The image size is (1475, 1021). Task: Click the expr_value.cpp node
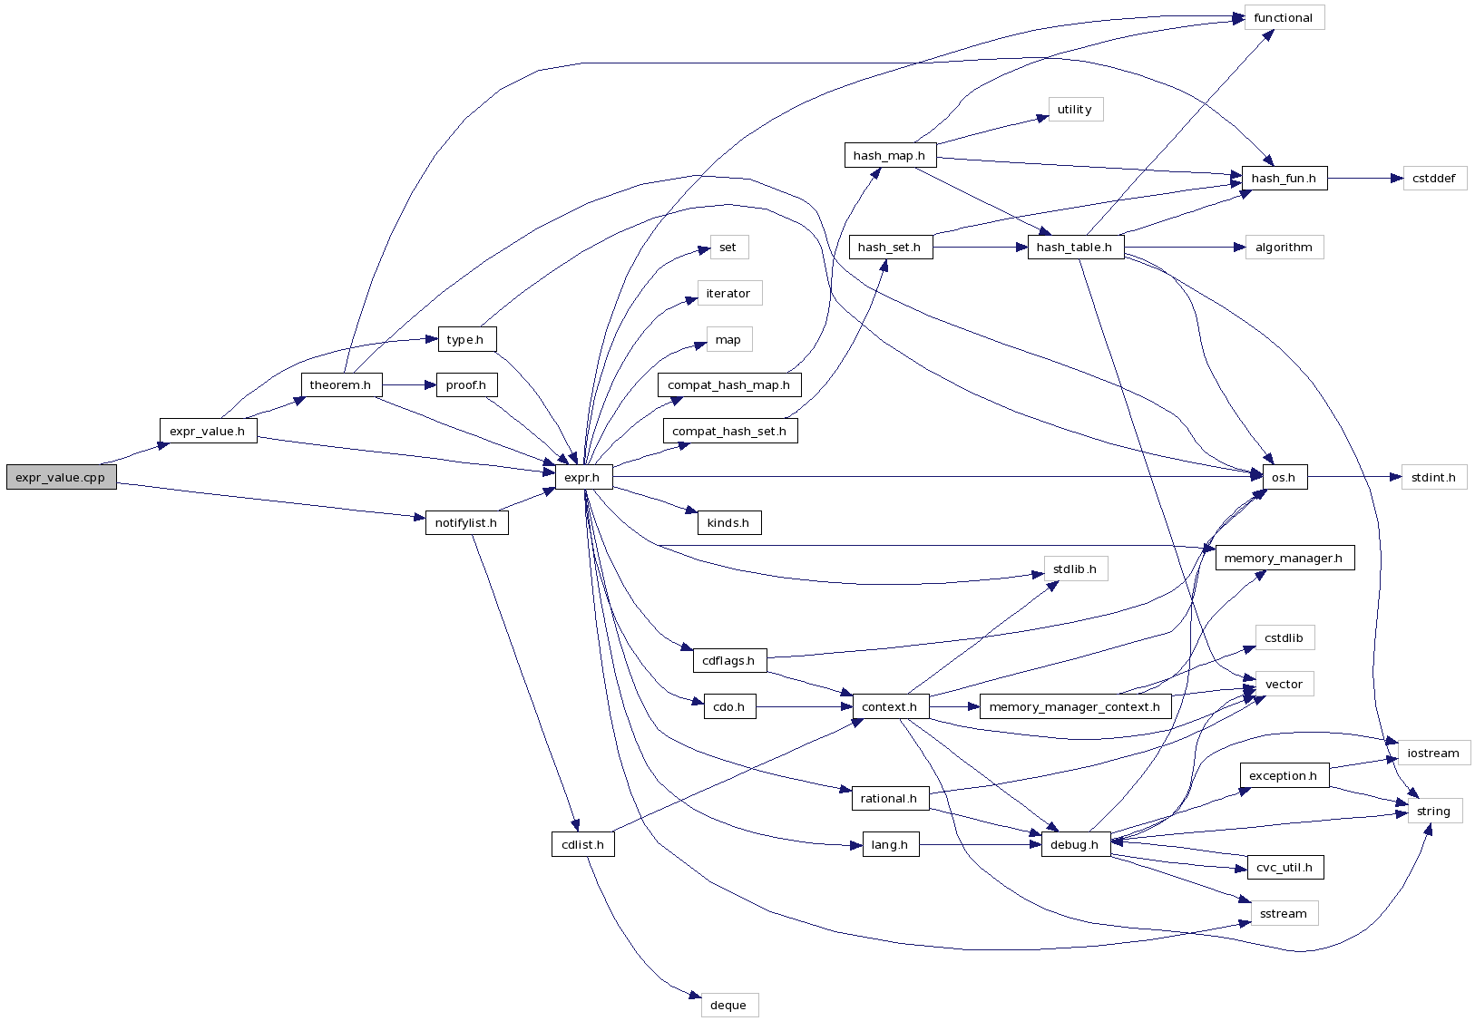61,478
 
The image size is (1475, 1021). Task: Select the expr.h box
582,478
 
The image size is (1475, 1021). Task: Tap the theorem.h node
341,385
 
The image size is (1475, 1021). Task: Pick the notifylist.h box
466,523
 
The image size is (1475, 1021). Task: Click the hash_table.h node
1075,248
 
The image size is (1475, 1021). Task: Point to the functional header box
1284,18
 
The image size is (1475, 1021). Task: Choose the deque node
728,1005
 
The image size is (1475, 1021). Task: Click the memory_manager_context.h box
1075,707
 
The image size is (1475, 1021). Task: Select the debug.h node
1075,845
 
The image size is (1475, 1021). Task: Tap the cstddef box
1434,179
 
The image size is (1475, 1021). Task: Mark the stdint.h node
1434,478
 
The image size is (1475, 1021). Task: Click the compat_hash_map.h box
728,385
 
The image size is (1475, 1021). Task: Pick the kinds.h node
728,523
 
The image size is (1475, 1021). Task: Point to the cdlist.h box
582,845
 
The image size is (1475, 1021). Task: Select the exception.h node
1284,776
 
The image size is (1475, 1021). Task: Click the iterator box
728,294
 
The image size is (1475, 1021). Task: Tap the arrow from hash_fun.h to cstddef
1365,179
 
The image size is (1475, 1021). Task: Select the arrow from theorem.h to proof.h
409,385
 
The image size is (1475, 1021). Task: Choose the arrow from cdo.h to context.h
804,707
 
